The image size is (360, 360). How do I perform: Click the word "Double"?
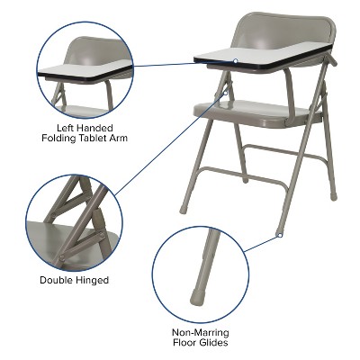57,280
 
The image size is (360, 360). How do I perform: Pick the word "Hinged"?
92,280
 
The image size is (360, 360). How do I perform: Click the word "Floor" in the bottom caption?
185,343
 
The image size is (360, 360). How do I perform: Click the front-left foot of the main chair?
184,208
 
